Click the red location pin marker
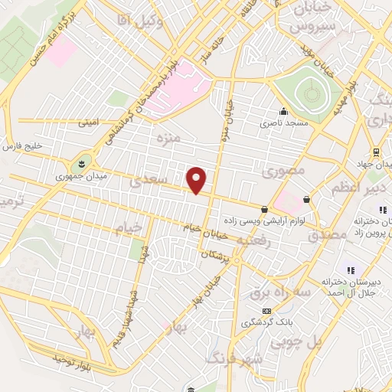tap(198, 180)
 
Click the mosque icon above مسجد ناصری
tap(283, 110)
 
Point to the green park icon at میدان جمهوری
tap(82, 164)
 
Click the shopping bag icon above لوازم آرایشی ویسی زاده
tap(264, 208)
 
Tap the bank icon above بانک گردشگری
tap(266, 311)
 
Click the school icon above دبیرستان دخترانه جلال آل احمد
tap(351, 270)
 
